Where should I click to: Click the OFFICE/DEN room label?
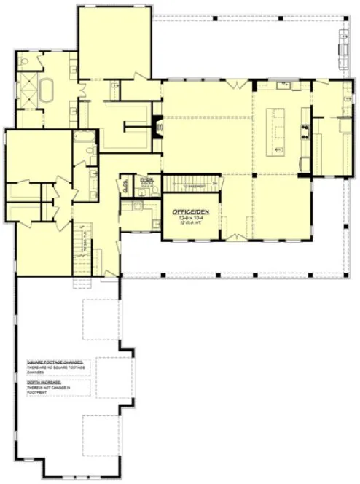pos(190,211)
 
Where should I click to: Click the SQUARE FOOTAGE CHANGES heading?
pos(55,362)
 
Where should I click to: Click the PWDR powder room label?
pos(147,179)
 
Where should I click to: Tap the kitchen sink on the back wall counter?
pos(283,86)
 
